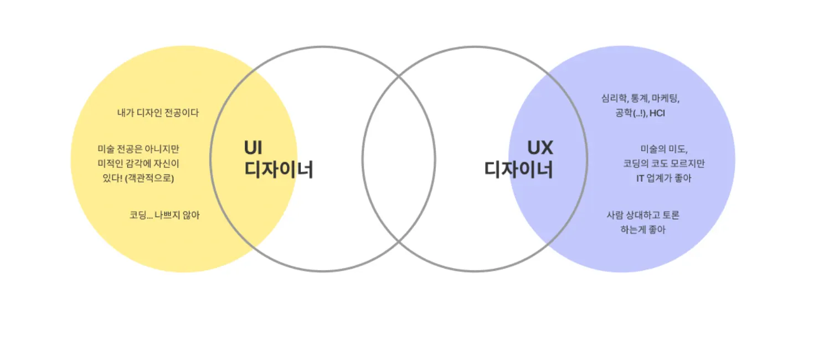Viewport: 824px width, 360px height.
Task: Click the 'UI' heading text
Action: [x=253, y=148]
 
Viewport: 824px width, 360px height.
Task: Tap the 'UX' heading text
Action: [x=539, y=148]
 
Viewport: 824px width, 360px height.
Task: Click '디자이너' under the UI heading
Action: [x=279, y=169]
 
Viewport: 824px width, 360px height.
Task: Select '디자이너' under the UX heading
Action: [x=518, y=169]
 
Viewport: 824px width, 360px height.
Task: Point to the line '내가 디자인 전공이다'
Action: [x=158, y=112]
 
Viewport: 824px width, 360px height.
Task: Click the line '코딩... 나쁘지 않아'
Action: [x=164, y=215]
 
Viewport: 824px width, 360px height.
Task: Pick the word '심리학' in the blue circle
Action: [x=613, y=99]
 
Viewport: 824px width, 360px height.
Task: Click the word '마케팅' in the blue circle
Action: [x=665, y=99]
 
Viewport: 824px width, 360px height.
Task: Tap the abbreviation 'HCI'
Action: [x=657, y=114]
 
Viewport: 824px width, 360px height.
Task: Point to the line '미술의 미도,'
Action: [x=664, y=149]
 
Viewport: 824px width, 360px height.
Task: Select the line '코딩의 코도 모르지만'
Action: [x=664, y=164]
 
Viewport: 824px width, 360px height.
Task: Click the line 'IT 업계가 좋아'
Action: [x=664, y=178]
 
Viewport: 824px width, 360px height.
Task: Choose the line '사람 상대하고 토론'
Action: [x=642, y=215]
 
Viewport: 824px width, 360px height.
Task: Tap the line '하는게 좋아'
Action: [x=642, y=229]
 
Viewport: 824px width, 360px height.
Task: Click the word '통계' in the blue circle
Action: [x=639, y=99]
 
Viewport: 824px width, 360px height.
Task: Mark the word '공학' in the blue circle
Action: [x=623, y=114]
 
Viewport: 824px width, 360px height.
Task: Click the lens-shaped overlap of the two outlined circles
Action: [x=399, y=159]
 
